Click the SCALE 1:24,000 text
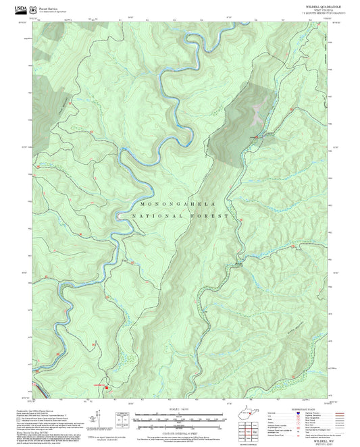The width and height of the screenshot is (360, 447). tap(180, 409)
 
